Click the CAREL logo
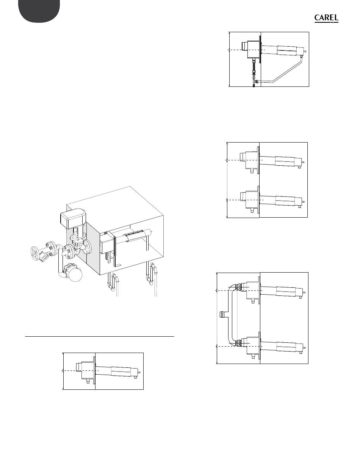click(326, 18)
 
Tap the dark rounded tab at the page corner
click(39, 11)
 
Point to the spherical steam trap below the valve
click(76, 274)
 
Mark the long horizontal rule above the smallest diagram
click(99, 337)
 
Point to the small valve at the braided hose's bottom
click(254, 83)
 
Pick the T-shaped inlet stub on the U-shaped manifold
click(224, 315)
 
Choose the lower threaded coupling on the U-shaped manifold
click(238, 343)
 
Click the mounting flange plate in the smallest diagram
click(94, 370)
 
